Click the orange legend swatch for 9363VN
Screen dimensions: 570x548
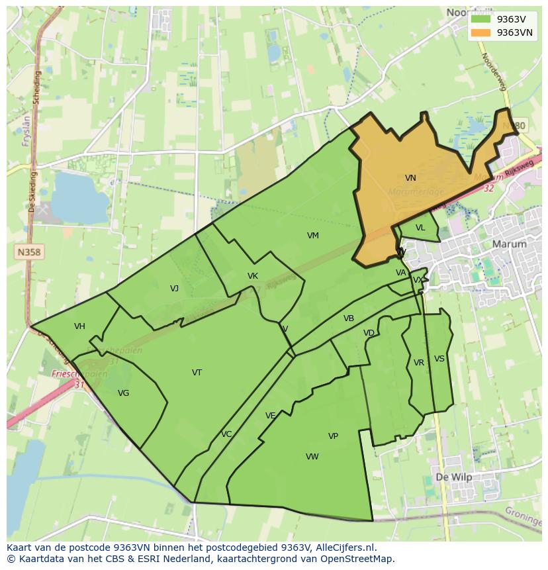pyautogui.click(x=481, y=32)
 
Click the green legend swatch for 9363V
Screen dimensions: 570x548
pyautogui.click(x=481, y=19)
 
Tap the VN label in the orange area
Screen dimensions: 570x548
pyautogui.click(x=410, y=178)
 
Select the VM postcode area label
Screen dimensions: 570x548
pyautogui.click(x=313, y=236)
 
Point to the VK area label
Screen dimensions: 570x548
pyautogui.click(x=252, y=276)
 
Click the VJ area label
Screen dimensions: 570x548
pyautogui.click(x=174, y=288)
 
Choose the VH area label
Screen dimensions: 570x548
pyautogui.click(x=79, y=326)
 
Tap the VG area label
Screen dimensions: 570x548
pyautogui.click(x=123, y=393)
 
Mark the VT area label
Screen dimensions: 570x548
pyautogui.click(x=197, y=373)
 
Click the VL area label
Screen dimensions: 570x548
pyautogui.click(x=420, y=228)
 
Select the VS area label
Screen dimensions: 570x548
pyautogui.click(x=439, y=359)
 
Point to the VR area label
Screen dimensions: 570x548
pyautogui.click(x=419, y=363)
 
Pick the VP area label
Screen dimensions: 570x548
pyautogui.click(x=333, y=436)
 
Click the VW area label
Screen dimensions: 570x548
pyautogui.click(x=312, y=457)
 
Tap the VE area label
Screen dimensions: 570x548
pyautogui.click(x=270, y=416)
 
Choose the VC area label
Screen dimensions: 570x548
pyautogui.click(x=226, y=434)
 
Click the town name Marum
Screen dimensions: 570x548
pyautogui.click(x=510, y=244)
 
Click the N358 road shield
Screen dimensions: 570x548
pyautogui.click(x=28, y=252)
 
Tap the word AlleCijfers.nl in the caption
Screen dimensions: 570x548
pyautogui.click(x=344, y=547)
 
